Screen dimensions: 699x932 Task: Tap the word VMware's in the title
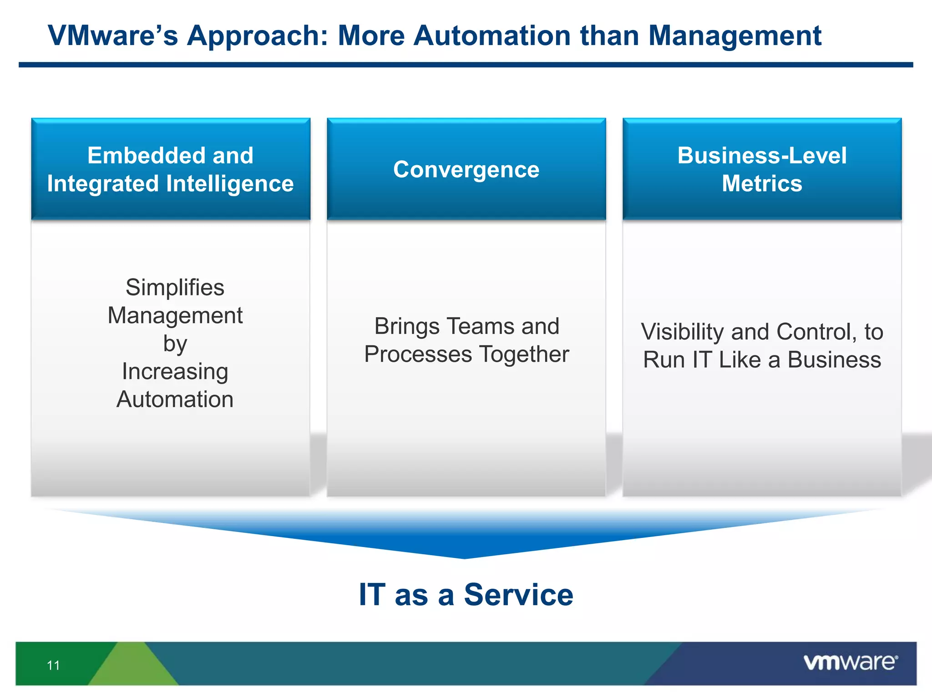coord(113,36)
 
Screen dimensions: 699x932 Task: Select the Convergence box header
coord(466,169)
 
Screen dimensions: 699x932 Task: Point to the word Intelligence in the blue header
coord(230,184)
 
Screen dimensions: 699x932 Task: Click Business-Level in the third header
coord(762,156)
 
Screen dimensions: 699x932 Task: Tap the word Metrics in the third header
coord(762,184)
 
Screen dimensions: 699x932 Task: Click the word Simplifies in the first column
coord(175,288)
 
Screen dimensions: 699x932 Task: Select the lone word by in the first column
coord(175,344)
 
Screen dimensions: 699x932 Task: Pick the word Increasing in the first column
coord(175,371)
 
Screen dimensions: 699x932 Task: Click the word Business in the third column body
coord(834,360)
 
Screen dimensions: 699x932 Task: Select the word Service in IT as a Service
coord(518,595)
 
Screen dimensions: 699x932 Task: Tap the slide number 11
coord(53,665)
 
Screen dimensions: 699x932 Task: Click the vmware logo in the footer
coord(850,662)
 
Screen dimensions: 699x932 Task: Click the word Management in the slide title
coord(734,36)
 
